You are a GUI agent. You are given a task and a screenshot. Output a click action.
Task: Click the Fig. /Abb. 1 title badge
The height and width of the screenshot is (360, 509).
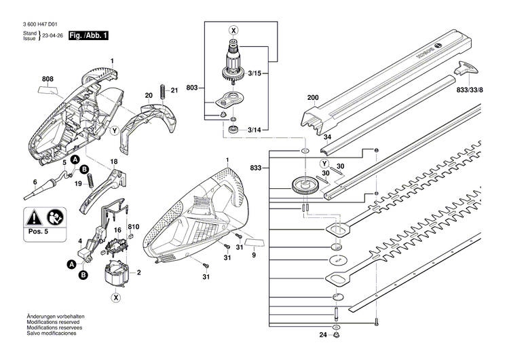88,35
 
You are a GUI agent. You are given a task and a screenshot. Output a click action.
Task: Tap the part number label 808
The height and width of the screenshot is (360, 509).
48,79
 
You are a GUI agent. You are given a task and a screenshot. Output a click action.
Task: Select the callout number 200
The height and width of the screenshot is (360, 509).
313,98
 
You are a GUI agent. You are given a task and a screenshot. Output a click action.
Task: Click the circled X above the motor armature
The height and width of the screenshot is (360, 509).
233,30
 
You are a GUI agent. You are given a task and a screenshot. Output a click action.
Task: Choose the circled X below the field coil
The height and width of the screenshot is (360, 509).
116,298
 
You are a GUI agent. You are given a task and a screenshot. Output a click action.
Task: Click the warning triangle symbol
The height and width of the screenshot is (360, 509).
35,217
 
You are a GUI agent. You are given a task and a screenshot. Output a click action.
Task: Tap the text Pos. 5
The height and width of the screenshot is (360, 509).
38,232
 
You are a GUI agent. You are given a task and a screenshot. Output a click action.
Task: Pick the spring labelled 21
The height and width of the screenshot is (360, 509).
164,92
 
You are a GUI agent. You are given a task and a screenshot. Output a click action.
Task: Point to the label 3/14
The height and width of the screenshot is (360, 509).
254,130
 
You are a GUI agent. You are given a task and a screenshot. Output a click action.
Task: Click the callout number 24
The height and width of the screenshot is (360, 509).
322,335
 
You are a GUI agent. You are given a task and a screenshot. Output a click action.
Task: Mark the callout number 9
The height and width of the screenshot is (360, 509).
254,255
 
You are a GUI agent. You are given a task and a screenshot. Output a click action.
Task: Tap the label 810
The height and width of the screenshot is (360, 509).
134,226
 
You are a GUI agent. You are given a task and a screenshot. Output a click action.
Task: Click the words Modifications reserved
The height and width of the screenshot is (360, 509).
53,322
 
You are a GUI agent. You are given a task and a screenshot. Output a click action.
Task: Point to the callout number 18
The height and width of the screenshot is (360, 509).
113,162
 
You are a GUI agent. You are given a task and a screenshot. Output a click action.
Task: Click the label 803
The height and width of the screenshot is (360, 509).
192,88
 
